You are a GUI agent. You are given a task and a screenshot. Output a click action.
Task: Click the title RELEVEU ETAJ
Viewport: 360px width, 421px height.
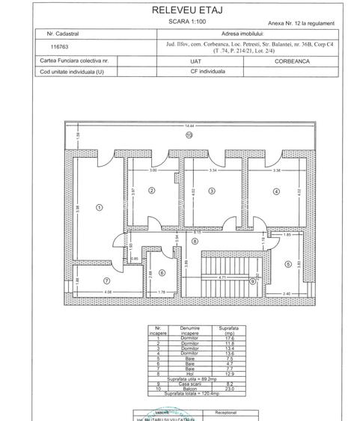coord(180,10)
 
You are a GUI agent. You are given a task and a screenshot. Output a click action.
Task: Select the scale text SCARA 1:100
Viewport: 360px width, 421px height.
coord(180,22)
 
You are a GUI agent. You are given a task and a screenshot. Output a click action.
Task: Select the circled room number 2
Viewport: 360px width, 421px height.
coord(151,191)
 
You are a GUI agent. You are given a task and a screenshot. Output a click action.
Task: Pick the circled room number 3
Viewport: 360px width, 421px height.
coord(212,191)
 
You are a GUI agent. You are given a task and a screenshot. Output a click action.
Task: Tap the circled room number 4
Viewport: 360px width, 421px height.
coord(276,191)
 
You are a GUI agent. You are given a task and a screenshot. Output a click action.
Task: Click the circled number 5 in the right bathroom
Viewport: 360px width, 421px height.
coord(287,263)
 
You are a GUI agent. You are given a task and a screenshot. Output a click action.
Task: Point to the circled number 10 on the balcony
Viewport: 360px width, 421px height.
coord(189,136)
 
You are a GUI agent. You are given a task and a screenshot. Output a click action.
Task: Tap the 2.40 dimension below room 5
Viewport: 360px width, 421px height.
coord(287,293)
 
